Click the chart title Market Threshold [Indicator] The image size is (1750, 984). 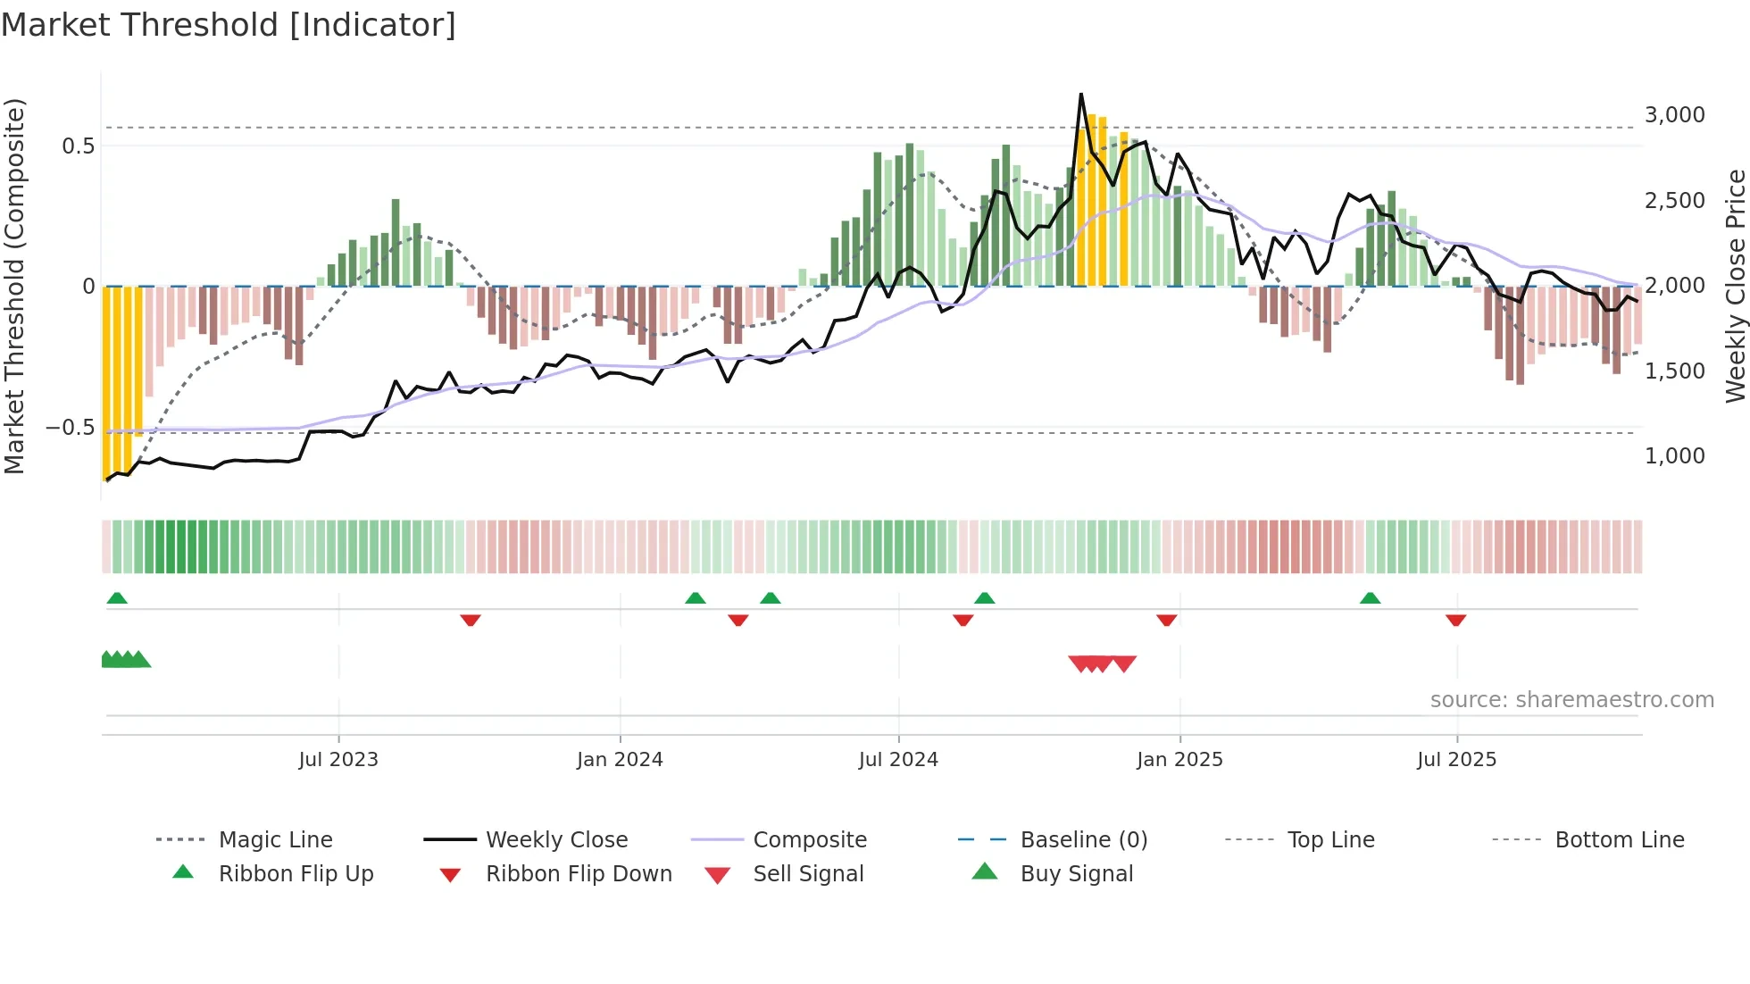(229, 25)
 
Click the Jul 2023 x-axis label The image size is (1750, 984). (338, 760)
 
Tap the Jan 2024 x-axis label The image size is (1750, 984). (620, 760)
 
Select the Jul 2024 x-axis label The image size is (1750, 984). (898, 760)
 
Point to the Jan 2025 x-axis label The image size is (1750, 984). (1179, 760)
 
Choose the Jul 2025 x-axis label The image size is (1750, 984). (1456, 760)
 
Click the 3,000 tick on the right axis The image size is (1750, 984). (1674, 115)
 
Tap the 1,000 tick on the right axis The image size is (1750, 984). (1674, 456)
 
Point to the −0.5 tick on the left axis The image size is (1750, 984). (70, 428)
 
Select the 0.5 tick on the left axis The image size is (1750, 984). (78, 146)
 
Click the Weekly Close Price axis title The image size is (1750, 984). (1735, 286)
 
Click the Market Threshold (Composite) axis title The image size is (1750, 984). (14, 286)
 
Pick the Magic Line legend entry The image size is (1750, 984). (275, 840)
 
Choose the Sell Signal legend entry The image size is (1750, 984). (808, 874)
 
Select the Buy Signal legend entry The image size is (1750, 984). (1076, 874)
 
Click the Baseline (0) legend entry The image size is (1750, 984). (1083, 840)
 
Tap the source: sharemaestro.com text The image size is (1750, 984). (1571, 700)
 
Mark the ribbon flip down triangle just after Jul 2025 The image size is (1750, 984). (1455, 620)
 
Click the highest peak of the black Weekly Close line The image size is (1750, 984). (1081, 95)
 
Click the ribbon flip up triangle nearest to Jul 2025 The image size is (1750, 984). (1370, 598)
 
